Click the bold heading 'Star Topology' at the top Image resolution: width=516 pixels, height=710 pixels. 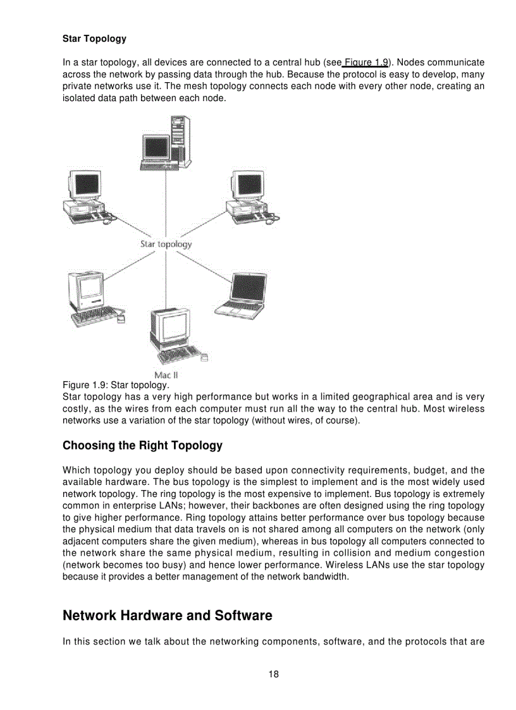(x=94, y=39)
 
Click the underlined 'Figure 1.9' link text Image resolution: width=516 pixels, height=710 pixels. (x=365, y=62)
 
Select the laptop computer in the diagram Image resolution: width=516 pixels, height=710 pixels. (x=241, y=294)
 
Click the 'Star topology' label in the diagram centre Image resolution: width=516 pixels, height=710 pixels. (x=166, y=244)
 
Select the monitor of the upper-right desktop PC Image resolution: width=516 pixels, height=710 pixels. (x=247, y=187)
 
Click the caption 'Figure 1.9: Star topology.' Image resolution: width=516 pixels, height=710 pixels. (x=115, y=385)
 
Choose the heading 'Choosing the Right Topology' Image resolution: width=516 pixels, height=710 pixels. (x=142, y=446)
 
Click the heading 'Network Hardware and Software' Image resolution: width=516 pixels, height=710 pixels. (x=167, y=615)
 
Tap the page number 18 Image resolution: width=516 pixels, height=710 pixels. (x=273, y=674)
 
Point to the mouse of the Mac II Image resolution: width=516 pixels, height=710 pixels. (x=204, y=358)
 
